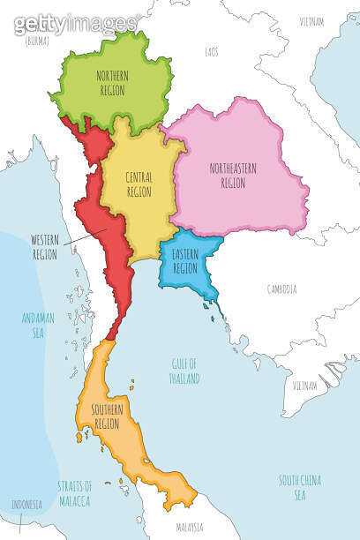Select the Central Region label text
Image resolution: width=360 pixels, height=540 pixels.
click(x=139, y=184)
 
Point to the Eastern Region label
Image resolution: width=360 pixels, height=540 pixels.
click(x=185, y=261)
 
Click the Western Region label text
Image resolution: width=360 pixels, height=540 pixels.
click(x=44, y=246)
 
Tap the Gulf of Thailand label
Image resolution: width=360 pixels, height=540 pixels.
click(x=186, y=371)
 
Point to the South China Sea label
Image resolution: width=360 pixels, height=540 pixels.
click(x=300, y=486)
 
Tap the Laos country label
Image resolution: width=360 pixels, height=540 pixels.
click(x=212, y=52)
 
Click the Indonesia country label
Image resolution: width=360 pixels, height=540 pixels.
click(x=25, y=505)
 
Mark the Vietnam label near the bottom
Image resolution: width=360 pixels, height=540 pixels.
click(x=304, y=386)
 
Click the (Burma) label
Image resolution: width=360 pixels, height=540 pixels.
click(x=36, y=41)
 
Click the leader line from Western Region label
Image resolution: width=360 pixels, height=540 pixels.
click(x=86, y=235)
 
